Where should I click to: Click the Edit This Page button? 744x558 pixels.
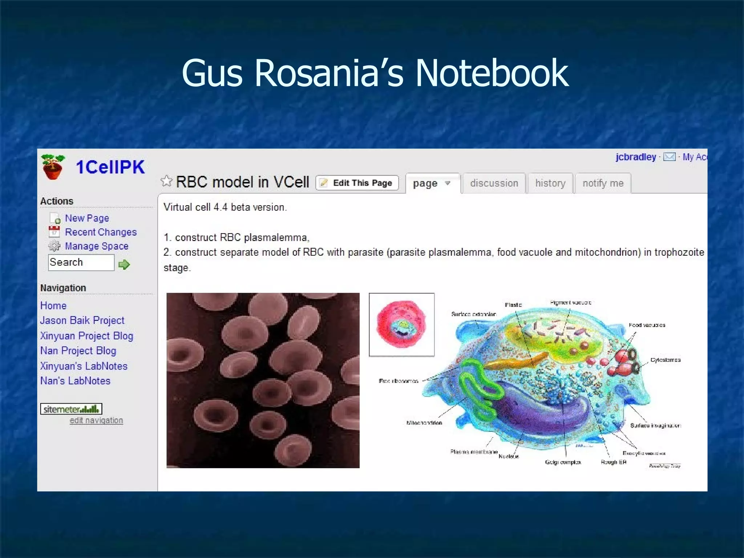pos(357,183)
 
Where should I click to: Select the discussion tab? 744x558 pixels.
pos(494,183)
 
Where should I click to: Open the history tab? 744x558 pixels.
pos(550,183)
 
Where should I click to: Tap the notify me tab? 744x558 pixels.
pos(603,183)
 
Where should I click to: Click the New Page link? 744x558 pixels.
pos(87,218)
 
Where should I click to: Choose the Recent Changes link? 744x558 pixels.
pos(101,232)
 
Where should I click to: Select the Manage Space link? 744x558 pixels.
pos(97,246)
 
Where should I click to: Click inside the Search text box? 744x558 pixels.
pos(81,262)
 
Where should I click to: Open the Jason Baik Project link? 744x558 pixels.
pos(82,320)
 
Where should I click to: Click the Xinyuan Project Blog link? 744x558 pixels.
pos(86,335)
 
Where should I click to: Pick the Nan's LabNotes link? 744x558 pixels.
pos(75,381)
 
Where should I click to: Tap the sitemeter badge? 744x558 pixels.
pos(71,409)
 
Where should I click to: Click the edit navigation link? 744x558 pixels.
pos(96,420)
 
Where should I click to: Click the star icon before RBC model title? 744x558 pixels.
pos(166,181)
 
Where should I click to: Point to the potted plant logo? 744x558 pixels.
pos(53,166)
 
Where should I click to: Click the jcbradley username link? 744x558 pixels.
pos(636,157)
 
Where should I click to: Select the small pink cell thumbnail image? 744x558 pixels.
pos(401,324)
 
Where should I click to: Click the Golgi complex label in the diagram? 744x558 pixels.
pos(563,462)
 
